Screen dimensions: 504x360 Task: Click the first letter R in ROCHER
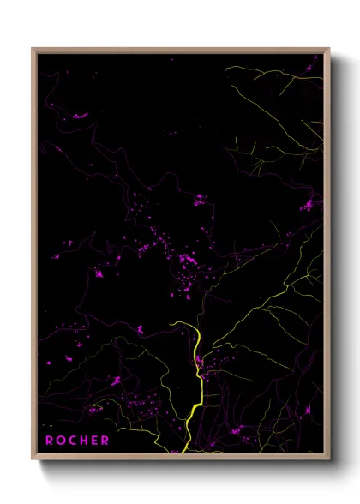coord(50,441)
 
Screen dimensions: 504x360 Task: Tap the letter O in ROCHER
coord(61,441)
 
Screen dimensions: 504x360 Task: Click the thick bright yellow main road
coord(194,394)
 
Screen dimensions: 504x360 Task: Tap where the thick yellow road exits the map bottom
coord(183,451)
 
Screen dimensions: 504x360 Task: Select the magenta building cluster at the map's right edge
coord(308,205)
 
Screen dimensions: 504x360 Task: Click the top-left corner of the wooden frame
coord(33,49)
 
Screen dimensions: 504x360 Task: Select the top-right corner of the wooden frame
coord(329,49)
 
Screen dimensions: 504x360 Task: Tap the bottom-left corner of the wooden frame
coord(33,459)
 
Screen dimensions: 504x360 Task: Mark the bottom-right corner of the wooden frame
coord(329,459)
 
